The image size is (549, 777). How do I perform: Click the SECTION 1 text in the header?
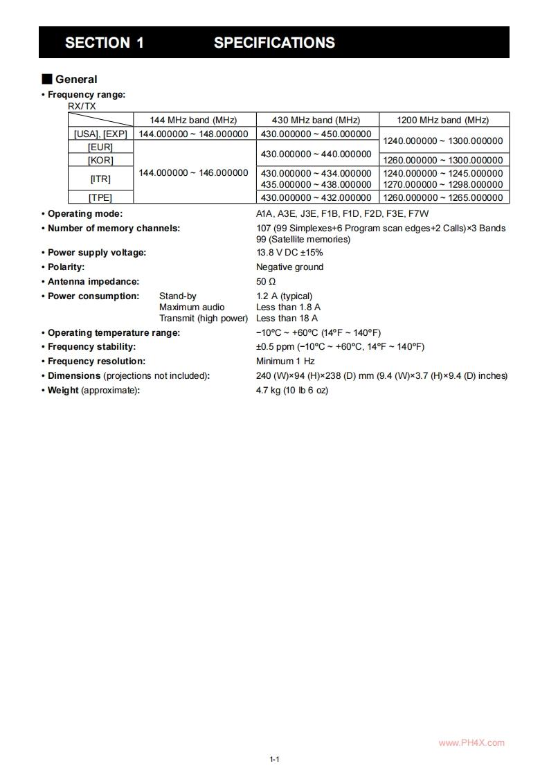105,43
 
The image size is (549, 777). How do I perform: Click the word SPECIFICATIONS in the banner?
274,43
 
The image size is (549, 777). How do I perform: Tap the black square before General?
47,80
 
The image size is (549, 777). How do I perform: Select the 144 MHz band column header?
193,120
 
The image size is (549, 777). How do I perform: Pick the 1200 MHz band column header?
443,120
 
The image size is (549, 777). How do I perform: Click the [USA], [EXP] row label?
100,134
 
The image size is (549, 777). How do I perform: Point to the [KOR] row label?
100,160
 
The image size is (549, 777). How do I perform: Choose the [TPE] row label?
100,197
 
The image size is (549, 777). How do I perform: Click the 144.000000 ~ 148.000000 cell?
193,134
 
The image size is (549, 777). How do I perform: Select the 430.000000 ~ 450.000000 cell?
316,134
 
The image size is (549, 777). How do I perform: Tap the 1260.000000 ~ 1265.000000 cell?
443,197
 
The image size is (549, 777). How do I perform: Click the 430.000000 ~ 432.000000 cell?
316,197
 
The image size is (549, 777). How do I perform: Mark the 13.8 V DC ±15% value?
289,253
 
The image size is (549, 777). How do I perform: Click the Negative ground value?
289,267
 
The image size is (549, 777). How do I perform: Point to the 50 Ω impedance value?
266,282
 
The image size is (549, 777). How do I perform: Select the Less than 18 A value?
287,319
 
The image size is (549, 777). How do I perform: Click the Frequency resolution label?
96,361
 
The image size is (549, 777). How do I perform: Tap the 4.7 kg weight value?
292,391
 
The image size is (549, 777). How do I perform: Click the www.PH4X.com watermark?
471,743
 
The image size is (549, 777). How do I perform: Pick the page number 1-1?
274,760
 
